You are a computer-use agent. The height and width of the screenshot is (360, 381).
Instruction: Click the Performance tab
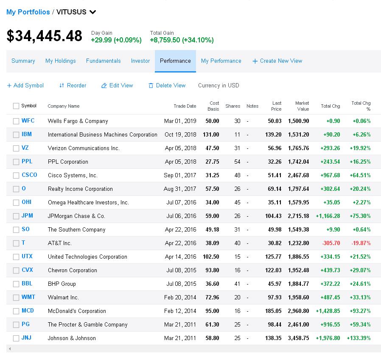coord(175,61)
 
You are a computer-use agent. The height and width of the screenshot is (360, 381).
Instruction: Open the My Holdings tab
coord(61,61)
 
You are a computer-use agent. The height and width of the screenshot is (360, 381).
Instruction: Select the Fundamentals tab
coord(103,61)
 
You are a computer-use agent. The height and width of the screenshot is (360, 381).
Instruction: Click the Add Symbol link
coord(25,86)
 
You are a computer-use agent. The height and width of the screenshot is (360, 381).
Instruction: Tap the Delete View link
coord(167,86)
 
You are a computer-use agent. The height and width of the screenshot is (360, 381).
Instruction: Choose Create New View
coord(277,61)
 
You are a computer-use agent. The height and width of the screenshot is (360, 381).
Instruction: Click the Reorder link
coord(73,86)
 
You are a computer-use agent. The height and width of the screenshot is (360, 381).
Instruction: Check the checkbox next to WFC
coord(16,121)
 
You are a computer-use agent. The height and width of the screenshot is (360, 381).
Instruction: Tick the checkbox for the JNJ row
coord(16,338)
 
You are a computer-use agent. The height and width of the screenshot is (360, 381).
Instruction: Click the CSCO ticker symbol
coord(29,175)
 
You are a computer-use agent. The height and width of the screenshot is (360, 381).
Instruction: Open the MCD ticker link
coord(28,311)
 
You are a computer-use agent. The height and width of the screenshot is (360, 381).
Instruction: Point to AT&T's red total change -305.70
coord(331,243)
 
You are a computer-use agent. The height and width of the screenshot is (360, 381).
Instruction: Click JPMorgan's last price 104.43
coord(273,216)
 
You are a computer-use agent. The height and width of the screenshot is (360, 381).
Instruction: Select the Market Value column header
coord(302,106)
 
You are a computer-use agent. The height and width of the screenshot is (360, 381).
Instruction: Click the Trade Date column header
coord(185,106)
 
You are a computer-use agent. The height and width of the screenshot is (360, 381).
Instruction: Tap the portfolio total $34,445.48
coord(45,36)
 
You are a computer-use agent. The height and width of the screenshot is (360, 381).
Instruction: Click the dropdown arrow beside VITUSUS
coord(92,12)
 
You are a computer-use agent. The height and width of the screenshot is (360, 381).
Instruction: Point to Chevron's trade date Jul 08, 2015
coord(181,271)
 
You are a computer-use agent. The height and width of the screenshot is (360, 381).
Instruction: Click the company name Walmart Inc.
coord(63,298)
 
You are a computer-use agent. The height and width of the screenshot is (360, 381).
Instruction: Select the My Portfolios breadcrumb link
coord(28,12)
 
